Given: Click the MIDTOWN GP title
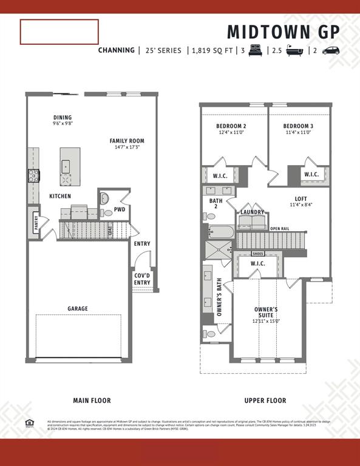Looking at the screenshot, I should point(284,32).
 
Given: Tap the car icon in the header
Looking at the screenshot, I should point(331,50).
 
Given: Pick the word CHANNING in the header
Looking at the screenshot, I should point(117,50).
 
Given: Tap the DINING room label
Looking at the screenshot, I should point(63,118).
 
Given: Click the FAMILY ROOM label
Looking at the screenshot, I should point(127,141).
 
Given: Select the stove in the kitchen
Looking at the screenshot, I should point(33,177).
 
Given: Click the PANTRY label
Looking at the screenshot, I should point(36,224).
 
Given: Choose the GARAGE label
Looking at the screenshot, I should point(78,309).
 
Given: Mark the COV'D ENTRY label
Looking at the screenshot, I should point(142,279).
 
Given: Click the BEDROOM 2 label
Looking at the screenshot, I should point(231,127).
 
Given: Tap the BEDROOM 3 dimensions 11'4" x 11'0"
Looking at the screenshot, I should point(297,133).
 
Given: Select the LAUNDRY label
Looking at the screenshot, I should point(252,212).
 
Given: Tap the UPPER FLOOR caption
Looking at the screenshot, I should point(265,400).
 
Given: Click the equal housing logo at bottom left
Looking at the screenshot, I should point(29,422).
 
